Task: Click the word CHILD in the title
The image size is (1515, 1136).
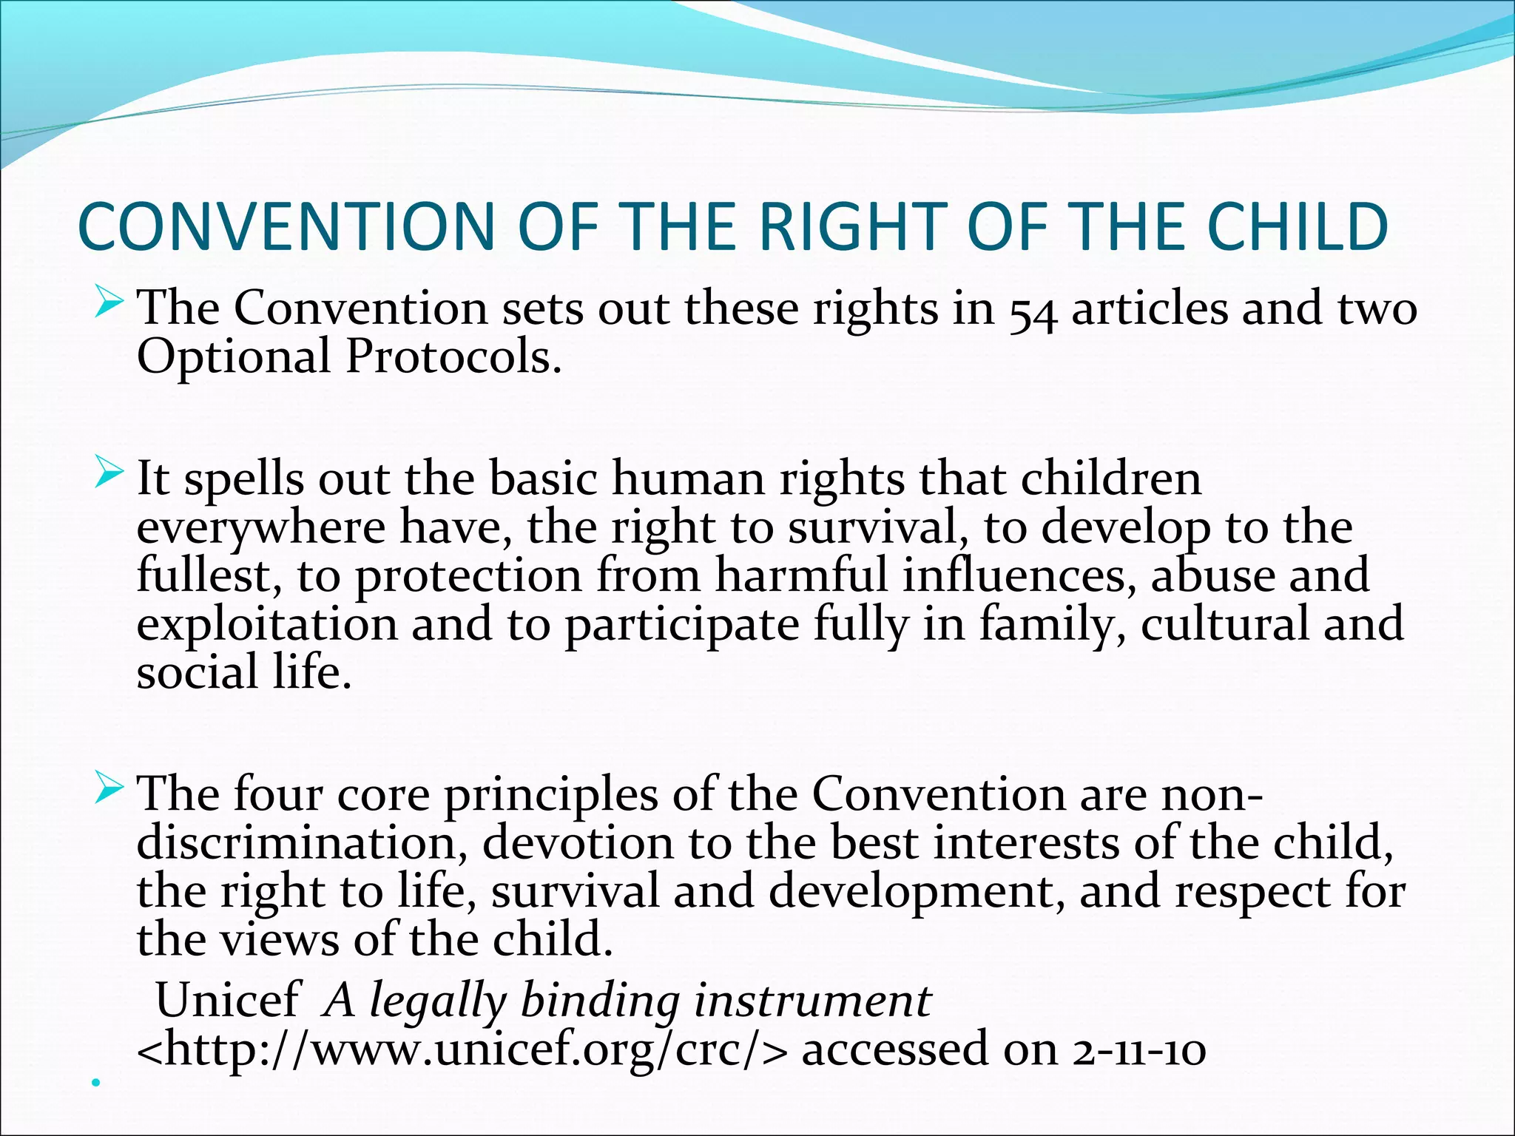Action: pos(1298,226)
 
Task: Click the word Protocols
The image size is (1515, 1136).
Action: pos(453,358)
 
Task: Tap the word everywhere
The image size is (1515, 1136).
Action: pos(260,528)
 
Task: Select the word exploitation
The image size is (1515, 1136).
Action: pos(267,625)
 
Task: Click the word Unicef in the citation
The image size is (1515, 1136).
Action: pos(228,1000)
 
